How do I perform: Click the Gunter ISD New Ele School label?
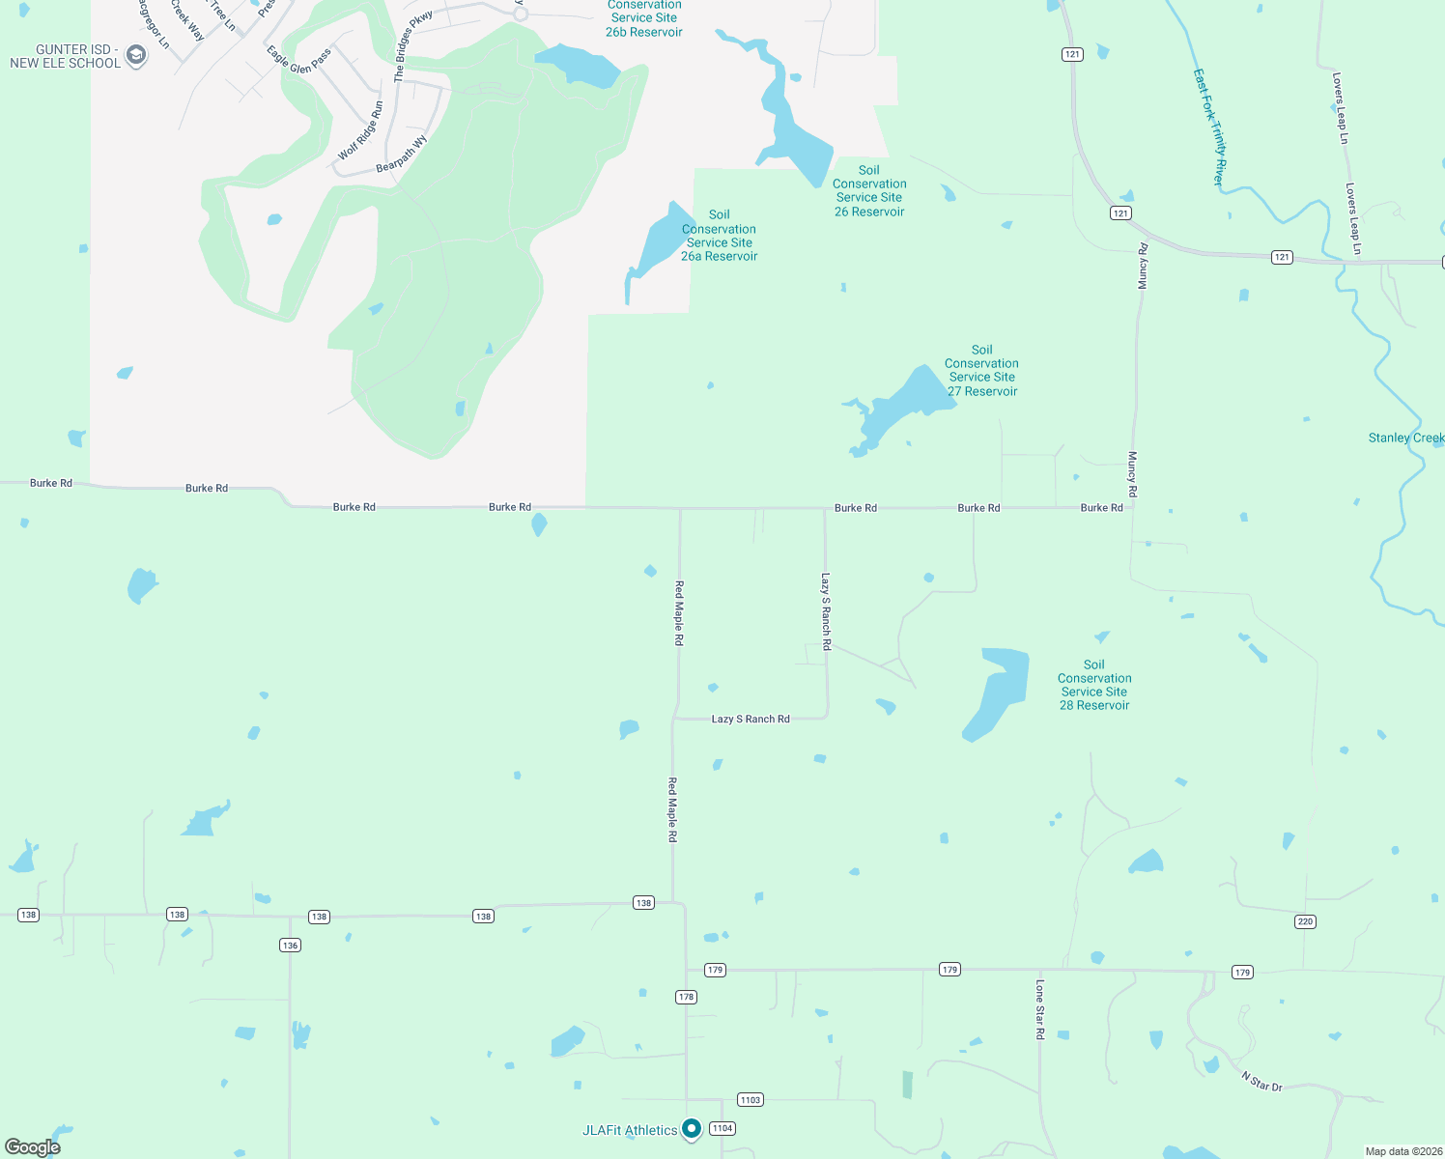[65, 56]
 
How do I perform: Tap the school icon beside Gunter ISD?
[136, 56]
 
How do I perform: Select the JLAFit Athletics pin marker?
[692, 1128]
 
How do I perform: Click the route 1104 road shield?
[722, 1128]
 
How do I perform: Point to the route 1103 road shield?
[751, 1099]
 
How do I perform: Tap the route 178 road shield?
[686, 997]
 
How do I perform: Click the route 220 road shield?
[1305, 921]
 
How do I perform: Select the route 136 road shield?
[290, 945]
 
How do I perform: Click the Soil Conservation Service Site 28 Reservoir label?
[1094, 685]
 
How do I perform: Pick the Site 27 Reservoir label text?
[982, 371]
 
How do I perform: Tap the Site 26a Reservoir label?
[719, 236]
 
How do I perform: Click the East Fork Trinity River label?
[1209, 127]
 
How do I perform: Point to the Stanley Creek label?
[1405, 438]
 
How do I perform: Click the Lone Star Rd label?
[1040, 1009]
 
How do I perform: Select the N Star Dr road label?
[1261, 1081]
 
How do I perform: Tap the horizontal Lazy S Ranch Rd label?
[751, 719]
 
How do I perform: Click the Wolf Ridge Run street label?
[360, 131]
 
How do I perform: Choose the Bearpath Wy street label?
[402, 155]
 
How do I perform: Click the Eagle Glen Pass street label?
[299, 60]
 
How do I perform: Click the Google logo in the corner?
[33, 1146]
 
